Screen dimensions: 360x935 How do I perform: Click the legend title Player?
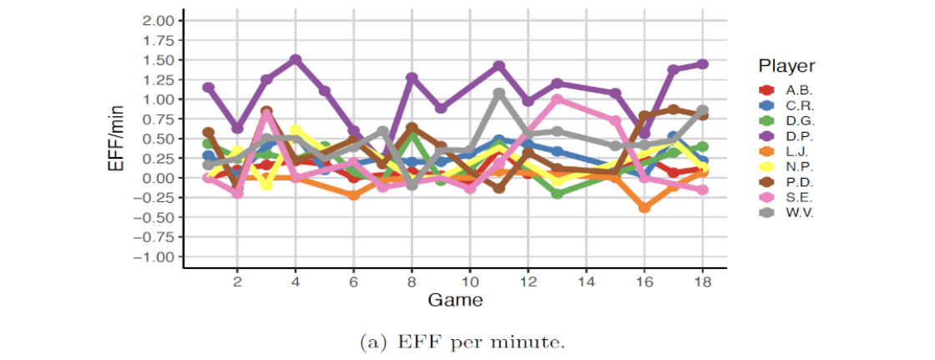click(786, 66)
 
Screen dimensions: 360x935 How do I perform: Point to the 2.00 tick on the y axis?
click(156, 20)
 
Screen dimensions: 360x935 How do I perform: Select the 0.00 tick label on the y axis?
click(156, 178)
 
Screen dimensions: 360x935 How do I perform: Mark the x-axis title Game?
click(453, 299)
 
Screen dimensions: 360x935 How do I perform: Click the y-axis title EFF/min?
click(116, 139)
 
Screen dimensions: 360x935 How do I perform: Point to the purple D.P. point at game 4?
click(296, 60)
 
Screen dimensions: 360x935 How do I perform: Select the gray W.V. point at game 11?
click(499, 94)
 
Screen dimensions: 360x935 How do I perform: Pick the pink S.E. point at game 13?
click(557, 99)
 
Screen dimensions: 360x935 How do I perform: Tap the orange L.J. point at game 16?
click(644, 207)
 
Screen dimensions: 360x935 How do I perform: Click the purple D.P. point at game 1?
click(208, 88)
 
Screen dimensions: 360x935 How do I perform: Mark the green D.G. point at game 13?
click(557, 194)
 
